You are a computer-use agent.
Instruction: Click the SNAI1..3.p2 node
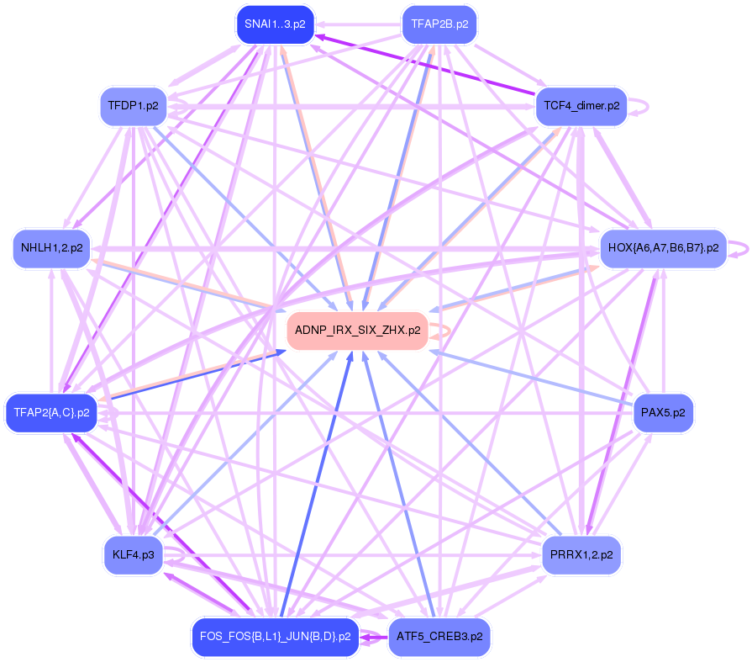[x=275, y=24]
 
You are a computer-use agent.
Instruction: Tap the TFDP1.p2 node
[x=133, y=106]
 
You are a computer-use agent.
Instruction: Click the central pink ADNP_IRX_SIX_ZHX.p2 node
[x=357, y=331]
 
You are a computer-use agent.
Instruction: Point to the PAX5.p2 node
[x=663, y=413]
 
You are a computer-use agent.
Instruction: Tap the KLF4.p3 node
[x=133, y=555]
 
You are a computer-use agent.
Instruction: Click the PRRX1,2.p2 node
[x=581, y=555]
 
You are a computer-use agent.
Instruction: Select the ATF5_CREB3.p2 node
[x=439, y=637]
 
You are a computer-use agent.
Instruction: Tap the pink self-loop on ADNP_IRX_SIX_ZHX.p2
[x=445, y=331]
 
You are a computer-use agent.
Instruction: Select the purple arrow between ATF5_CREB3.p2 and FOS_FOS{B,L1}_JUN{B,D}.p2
[x=374, y=638]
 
